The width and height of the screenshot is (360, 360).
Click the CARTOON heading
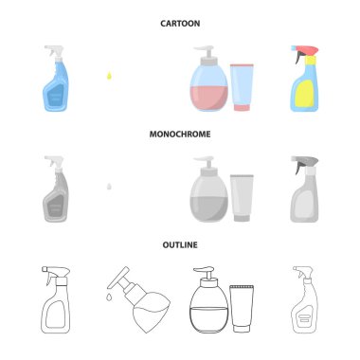(180, 24)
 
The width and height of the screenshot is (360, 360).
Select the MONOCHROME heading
(180, 135)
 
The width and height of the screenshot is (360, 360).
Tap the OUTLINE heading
(180, 244)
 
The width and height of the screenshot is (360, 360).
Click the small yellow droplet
(109, 76)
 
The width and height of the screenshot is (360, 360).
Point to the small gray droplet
(109, 187)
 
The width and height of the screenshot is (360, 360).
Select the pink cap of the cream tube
(242, 107)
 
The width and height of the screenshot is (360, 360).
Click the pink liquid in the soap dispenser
(208, 98)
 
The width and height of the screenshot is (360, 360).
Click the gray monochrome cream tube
(242, 198)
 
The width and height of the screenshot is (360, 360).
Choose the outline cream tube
(242, 309)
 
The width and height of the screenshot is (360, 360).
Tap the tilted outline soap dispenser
(140, 300)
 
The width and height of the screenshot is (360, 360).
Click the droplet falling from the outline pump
(109, 297)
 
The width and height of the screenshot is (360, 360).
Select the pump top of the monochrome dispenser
(205, 163)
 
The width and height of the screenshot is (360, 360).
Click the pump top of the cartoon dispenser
(205, 53)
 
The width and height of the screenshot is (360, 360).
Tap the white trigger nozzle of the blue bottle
(54, 52)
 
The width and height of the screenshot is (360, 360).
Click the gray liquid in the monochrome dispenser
(208, 208)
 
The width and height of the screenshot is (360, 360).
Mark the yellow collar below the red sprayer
(310, 61)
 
